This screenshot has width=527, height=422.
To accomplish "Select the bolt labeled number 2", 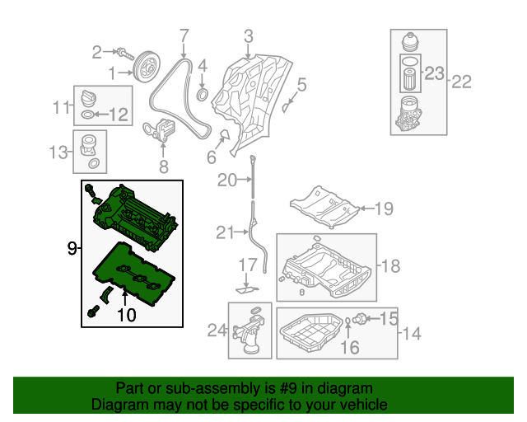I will [124, 53].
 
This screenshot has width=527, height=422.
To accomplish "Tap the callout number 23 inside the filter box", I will [434, 73].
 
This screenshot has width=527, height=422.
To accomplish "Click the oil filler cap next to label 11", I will [88, 97].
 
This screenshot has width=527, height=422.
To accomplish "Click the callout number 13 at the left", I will [58, 152].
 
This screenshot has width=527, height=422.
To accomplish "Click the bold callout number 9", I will [72, 246].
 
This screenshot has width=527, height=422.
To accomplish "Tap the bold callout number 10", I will [126, 313].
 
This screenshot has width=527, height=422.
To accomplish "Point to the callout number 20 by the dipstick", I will [226, 180].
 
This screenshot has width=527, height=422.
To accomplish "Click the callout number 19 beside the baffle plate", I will [385, 209].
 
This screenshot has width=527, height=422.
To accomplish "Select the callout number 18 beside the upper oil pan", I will [390, 265].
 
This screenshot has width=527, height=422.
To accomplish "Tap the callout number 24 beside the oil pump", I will [217, 331].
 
